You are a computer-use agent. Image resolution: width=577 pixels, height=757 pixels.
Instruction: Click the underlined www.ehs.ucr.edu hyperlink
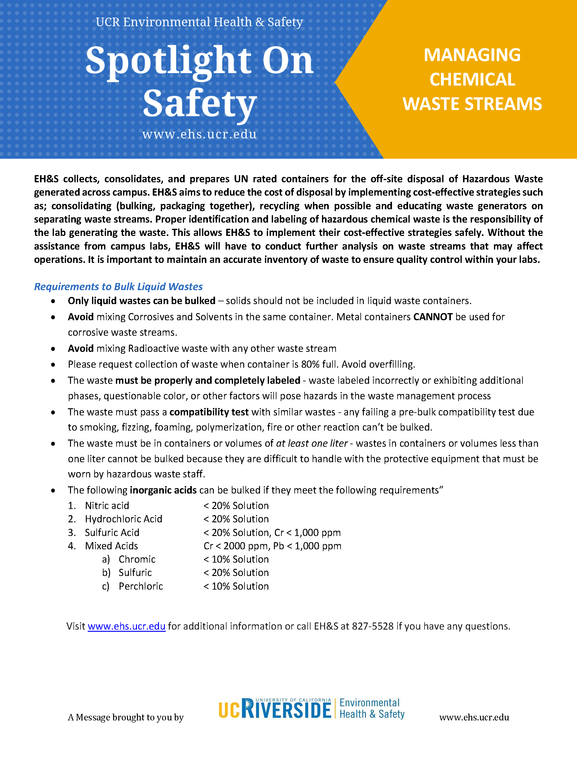[126, 626]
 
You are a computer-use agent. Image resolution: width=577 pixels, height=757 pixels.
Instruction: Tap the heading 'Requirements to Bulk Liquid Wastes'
[118, 286]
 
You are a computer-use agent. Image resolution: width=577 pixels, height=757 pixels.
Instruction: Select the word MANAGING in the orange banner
[472, 55]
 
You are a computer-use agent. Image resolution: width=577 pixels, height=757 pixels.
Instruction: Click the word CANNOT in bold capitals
[432, 317]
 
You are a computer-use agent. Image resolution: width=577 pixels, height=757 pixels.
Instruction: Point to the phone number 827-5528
[373, 626]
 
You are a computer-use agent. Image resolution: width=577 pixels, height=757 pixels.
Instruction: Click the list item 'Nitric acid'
[107, 506]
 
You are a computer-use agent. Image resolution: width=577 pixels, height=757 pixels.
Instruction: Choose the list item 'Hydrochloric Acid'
[123, 519]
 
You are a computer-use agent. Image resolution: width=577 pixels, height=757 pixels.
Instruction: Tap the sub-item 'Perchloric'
[140, 586]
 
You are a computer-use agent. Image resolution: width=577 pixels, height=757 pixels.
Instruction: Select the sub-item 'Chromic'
[137, 560]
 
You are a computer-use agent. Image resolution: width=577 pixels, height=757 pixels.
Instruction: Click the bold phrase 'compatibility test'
[209, 412]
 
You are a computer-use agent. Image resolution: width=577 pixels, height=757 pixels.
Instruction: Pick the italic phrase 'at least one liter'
[311, 443]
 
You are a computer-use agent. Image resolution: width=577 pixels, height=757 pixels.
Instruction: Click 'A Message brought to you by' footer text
[126, 718]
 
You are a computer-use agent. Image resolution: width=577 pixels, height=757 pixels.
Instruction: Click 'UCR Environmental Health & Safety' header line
[199, 22]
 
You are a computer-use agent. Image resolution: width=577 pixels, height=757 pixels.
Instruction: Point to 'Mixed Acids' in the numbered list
[111, 546]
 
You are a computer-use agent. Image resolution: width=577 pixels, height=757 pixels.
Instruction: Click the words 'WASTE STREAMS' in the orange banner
[472, 104]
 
